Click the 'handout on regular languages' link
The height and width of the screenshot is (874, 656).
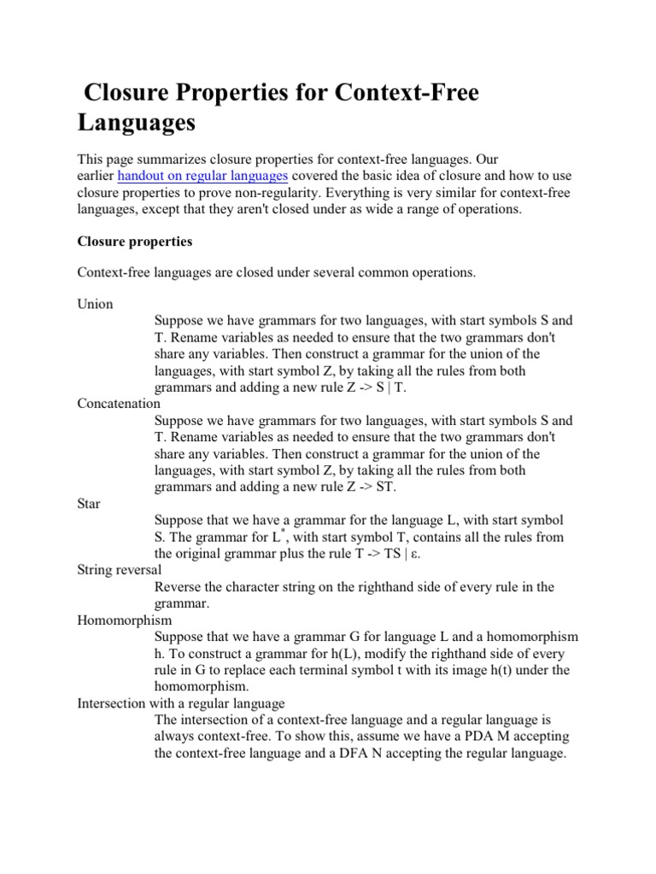pos(202,177)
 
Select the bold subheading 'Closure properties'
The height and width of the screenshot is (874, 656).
pos(135,242)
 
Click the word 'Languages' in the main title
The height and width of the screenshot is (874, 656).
pos(137,122)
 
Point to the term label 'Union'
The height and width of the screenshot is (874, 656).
pos(95,304)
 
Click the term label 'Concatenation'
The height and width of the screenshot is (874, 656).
pos(119,404)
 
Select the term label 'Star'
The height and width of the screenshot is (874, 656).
pos(89,504)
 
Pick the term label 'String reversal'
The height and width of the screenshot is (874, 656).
pos(120,569)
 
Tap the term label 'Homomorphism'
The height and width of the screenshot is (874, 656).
pos(125,620)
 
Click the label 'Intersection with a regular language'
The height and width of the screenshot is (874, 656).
pos(181,703)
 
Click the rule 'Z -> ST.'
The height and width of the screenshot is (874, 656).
pos(370,487)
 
